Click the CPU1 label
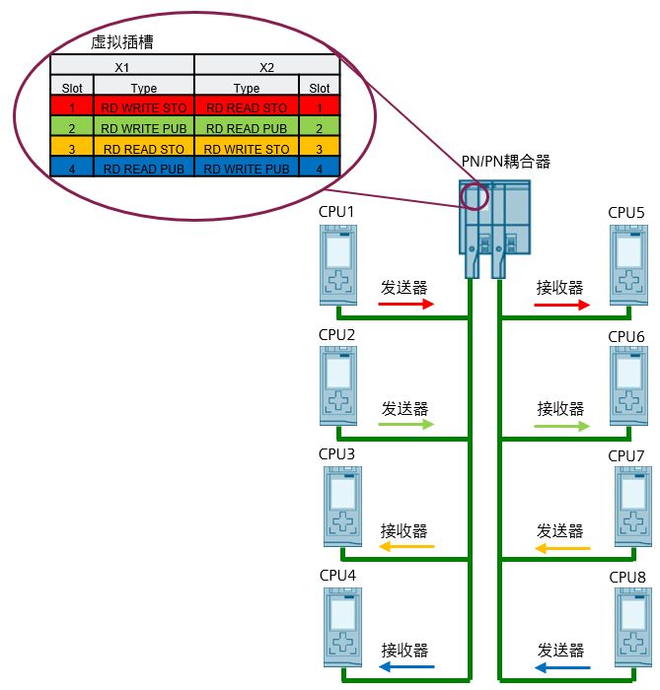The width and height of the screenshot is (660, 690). pos(336,213)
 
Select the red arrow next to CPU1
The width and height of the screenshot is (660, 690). pos(406,306)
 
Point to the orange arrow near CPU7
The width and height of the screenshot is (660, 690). pos(563,547)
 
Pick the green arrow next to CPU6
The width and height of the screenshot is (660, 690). pos(561,425)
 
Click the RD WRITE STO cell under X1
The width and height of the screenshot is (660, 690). pos(143,107)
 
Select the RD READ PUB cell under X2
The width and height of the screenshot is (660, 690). pos(247,128)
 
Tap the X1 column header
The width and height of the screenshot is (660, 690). pos(122,68)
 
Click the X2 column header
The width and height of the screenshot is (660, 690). pos(266,68)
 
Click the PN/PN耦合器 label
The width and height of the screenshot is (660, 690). pos(505,161)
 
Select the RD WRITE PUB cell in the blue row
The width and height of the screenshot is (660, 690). pos(247,169)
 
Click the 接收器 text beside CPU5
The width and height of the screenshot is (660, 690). pos(559,288)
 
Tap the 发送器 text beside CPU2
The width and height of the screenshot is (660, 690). pos(404,408)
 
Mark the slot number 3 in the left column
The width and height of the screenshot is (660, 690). pos(72,149)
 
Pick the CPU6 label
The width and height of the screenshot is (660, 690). pos(625,336)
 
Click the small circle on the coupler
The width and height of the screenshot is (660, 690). pos(475,195)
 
